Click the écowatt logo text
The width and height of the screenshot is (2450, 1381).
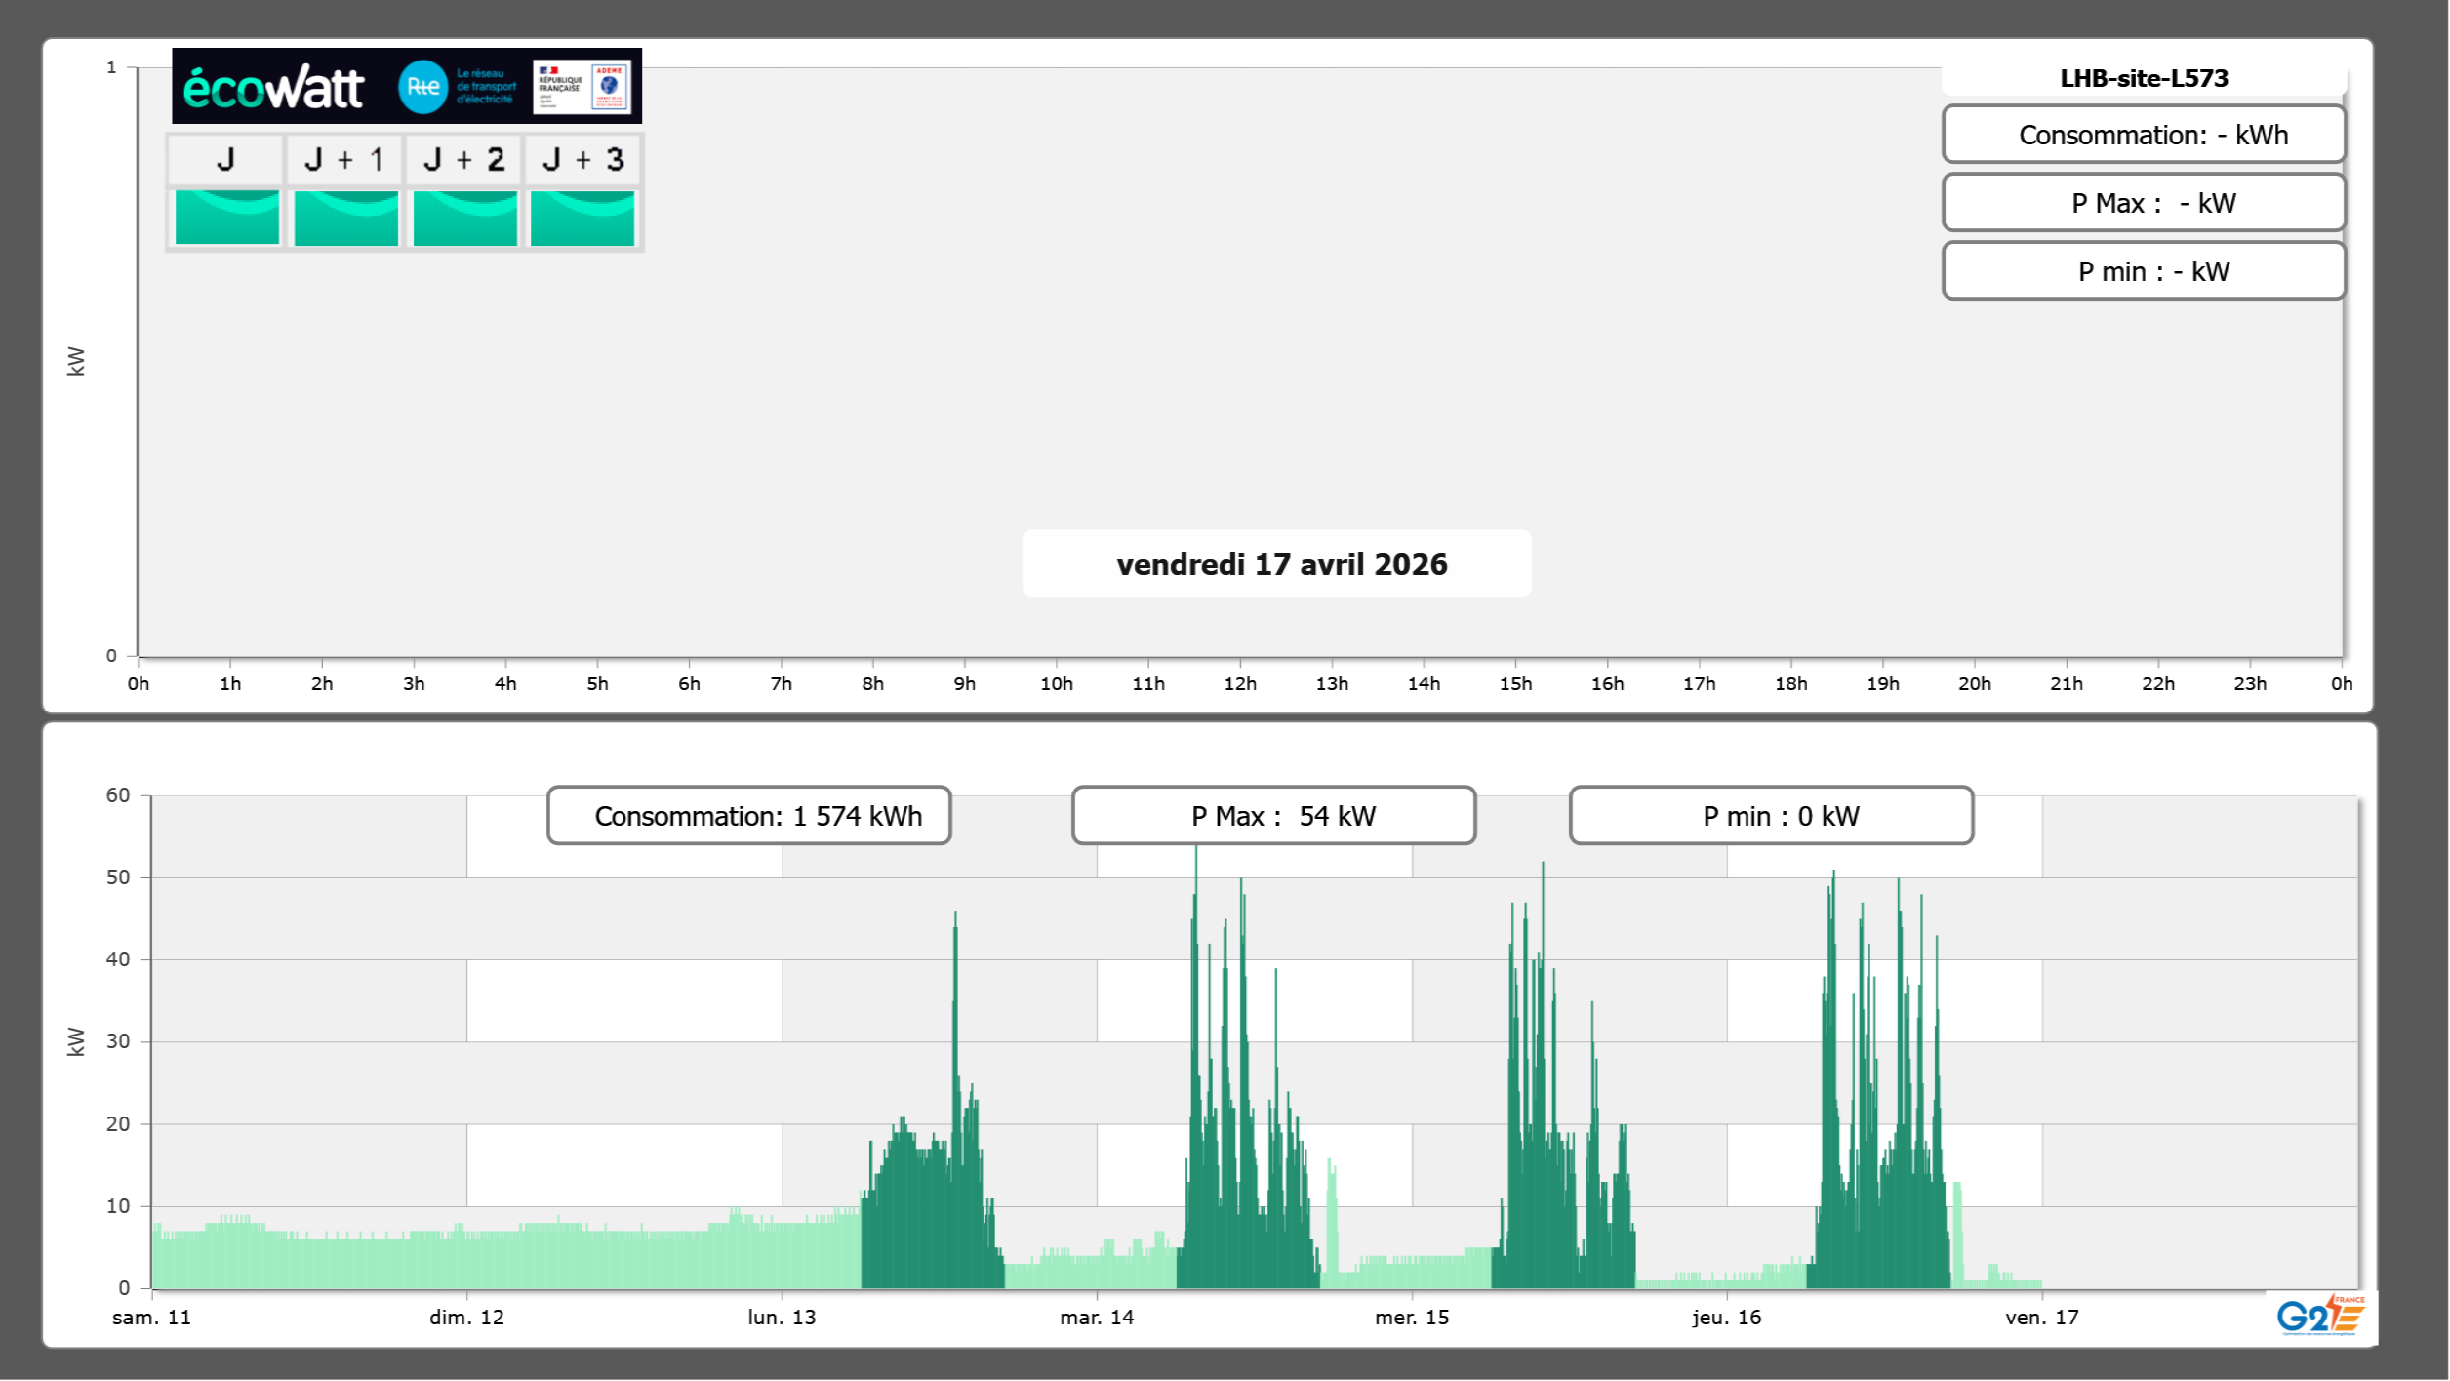click(x=273, y=88)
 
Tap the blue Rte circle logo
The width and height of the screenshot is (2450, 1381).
click(x=422, y=87)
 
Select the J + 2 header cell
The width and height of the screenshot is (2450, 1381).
click(x=464, y=159)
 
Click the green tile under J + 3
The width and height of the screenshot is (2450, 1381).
click(x=582, y=218)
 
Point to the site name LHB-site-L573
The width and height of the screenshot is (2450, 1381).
click(x=2144, y=78)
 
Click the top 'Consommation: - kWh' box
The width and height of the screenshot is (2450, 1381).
click(x=2144, y=135)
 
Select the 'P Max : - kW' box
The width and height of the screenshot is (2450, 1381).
click(x=2144, y=203)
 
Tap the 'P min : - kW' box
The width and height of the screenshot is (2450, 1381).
click(x=2144, y=271)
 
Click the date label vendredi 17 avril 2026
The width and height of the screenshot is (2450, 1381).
click(x=1281, y=564)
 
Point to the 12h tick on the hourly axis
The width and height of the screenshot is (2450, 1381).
click(x=1240, y=683)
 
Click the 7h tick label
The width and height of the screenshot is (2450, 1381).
click(x=781, y=683)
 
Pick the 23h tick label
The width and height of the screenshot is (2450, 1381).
click(x=2250, y=683)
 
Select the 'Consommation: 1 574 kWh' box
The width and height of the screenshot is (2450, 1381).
click(x=749, y=816)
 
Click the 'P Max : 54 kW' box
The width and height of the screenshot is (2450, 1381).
click(x=1273, y=816)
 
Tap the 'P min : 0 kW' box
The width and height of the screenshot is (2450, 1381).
click(x=1771, y=816)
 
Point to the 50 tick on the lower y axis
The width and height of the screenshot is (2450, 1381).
click(x=118, y=877)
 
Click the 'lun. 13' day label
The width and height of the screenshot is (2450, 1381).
click(x=782, y=1318)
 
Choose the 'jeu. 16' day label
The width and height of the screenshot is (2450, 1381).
click(x=1726, y=1318)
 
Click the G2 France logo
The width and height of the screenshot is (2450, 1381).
click(x=2320, y=1316)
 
